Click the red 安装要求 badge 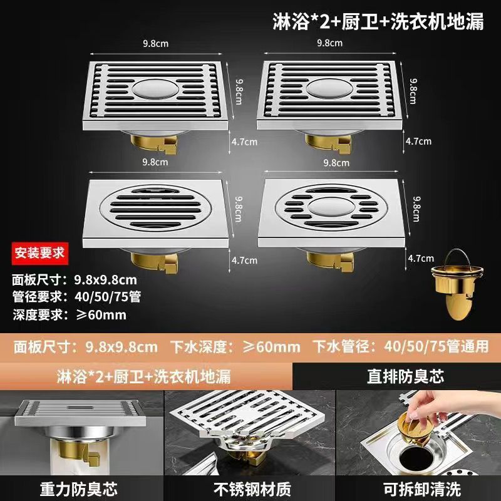[40, 254]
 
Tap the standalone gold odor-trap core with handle [457, 284]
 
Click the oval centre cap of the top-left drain [155, 88]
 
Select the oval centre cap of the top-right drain [330, 88]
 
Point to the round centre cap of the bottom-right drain [331, 207]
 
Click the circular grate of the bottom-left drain [155, 208]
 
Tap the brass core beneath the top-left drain [153, 145]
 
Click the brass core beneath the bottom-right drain [330, 262]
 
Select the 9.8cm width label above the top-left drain [155, 43]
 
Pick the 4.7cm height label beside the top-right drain [418, 142]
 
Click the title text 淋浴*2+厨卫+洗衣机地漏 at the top [378, 21]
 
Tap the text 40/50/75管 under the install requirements [108, 297]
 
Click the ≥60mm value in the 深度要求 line [101, 315]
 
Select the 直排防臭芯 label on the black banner [405, 376]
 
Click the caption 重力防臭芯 [79, 489]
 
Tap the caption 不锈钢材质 [252, 489]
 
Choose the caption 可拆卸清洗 [421, 489]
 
